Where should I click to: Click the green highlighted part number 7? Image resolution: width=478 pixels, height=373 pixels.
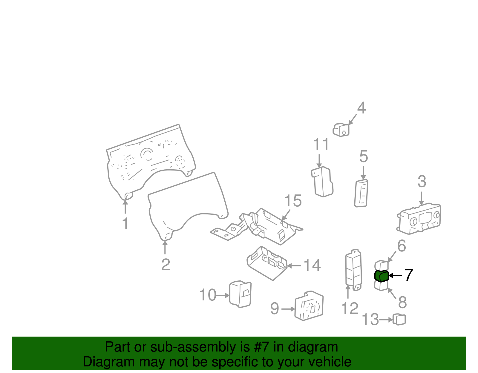[382, 276]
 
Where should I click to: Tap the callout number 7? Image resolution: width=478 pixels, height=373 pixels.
[408, 275]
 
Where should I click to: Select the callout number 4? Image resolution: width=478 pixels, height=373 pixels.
[361, 108]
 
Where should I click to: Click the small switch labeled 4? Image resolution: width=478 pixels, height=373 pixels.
[341, 130]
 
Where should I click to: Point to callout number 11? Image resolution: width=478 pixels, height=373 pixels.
[321, 144]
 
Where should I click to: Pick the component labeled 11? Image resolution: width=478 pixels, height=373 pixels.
[322, 182]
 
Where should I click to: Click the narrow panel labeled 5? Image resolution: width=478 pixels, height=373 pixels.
[361, 193]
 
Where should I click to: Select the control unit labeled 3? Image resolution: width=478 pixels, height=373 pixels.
[419, 219]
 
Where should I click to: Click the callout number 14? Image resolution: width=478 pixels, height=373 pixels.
[312, 265]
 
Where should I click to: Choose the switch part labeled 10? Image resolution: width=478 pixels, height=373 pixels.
[240, 294]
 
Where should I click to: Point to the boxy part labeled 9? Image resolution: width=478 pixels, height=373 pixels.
[309, 306]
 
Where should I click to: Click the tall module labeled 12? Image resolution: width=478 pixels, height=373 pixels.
[354, 270]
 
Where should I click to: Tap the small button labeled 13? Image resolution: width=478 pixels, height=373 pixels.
[399, 320]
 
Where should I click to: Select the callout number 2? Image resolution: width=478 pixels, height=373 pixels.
[166, 265]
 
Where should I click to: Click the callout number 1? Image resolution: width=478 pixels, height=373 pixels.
[125, 224]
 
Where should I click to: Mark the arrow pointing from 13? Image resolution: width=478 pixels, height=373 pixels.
[386, 320]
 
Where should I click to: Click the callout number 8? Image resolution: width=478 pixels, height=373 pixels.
[402, 302]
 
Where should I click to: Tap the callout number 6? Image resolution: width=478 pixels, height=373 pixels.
[402, 246]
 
